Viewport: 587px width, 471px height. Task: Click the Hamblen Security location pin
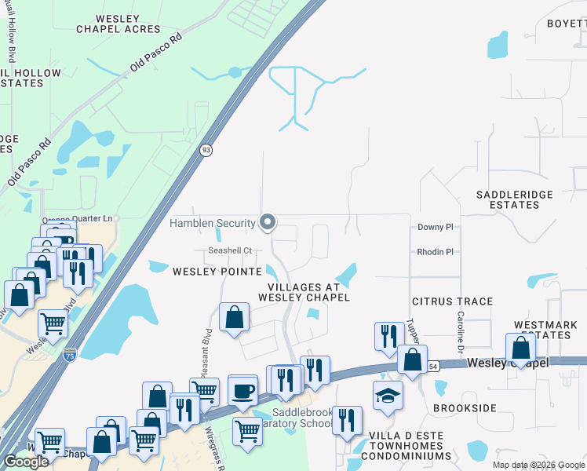[x=268, y=224]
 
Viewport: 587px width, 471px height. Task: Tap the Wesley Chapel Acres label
[x=118, y=24]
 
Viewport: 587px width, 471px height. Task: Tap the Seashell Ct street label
[x=229, y=251]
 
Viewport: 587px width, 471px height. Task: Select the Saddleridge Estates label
[x=515, y=199]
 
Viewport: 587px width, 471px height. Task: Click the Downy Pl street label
[x=436, y=227]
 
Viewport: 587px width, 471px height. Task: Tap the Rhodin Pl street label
[x=436, y=252]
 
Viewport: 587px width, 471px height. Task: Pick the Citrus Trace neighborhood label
[x=453, y=301]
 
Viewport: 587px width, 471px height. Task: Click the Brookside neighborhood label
[x=465, y=409]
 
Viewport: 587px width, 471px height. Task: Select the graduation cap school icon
[x=387, y=396]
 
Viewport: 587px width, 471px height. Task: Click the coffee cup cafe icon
[x=242, y=390]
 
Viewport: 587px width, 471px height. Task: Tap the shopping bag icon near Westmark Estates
[x=521, y=348]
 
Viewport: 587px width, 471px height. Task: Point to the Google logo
[x=26, y=462]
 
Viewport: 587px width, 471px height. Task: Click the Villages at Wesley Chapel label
[x=303, y=292]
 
